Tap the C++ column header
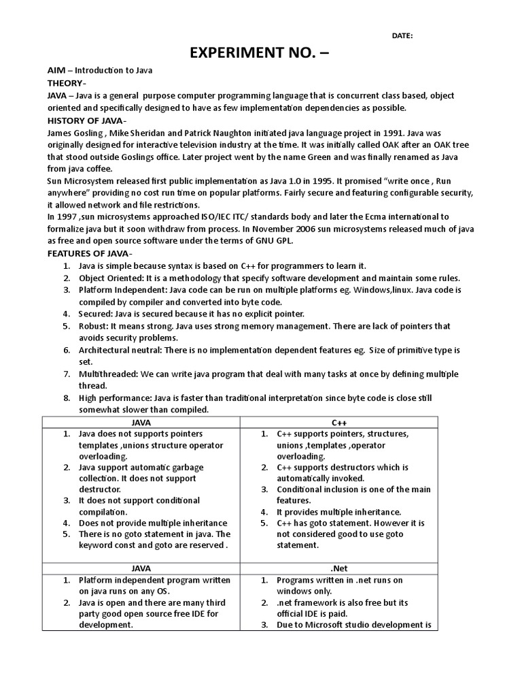pos(339,423)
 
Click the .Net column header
pos(339,568)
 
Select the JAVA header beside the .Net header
pos(141,568)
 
